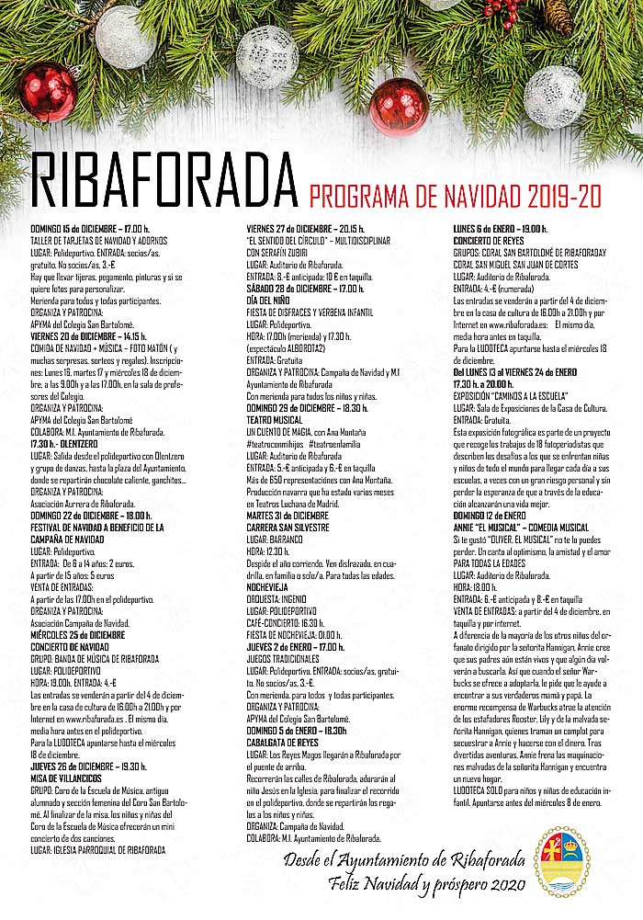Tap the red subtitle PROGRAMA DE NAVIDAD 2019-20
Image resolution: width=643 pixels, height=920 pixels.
[455, 196]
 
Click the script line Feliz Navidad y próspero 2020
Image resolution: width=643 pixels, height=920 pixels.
[427, 884]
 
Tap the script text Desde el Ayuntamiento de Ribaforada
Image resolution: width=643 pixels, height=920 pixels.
[404, 860]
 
